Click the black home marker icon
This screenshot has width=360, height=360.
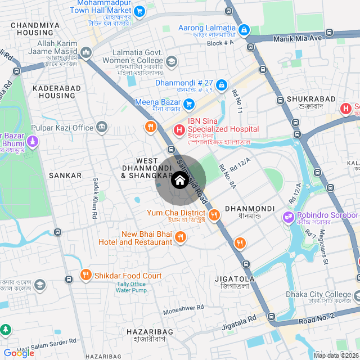179,181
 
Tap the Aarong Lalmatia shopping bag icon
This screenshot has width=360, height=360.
244,29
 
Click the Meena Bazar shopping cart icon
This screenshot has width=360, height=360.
189,103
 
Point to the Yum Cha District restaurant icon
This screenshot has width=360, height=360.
214,215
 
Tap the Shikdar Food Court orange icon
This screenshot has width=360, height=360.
85,275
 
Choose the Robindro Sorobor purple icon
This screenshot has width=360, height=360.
289,216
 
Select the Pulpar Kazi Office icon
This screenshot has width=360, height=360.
102,127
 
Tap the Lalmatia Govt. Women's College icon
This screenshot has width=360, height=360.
171,61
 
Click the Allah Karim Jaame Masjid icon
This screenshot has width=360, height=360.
86,53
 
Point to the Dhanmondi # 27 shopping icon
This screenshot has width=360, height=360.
222,85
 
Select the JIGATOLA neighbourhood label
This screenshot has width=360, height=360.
235,279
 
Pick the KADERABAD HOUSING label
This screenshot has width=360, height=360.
54,92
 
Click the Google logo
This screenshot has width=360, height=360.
19,353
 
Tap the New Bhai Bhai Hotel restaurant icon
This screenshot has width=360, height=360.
180,237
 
